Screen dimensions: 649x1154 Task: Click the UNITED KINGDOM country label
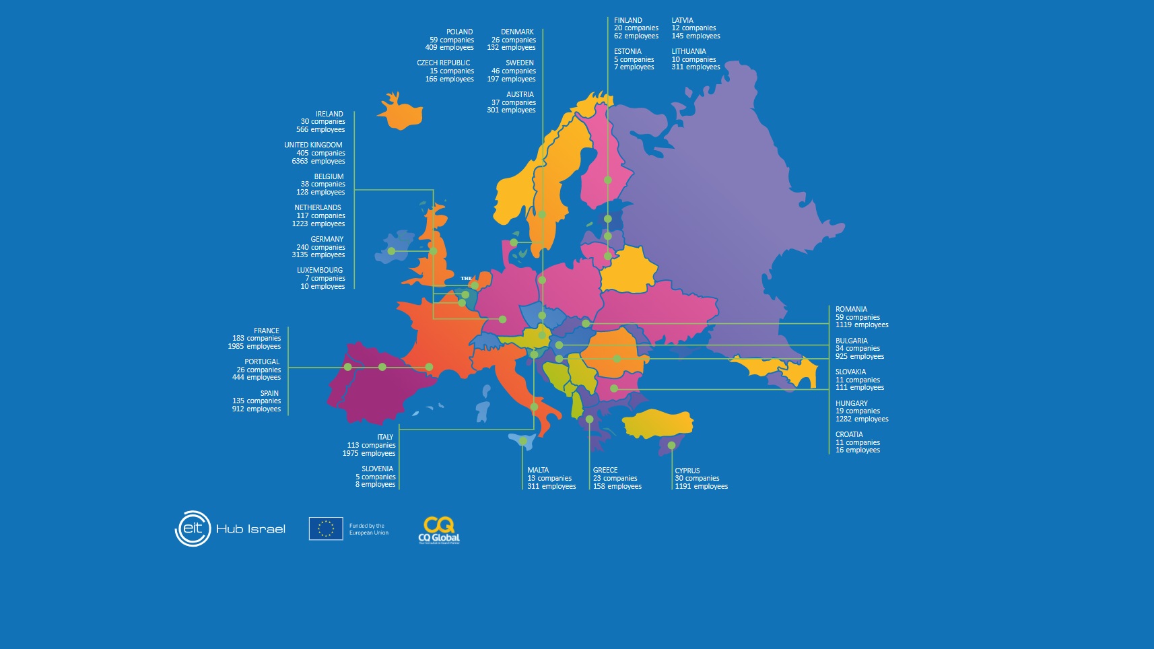[313, 145]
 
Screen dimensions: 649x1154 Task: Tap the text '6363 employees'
[318, 161]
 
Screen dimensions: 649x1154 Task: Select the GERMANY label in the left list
[327, 239]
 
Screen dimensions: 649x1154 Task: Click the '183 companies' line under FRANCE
[257, 339]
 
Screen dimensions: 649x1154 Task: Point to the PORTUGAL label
[262, 362]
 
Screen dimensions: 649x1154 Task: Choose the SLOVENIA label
[377, 469]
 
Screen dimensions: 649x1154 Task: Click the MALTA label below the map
[538, 471]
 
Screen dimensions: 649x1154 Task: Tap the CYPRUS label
[687, 471]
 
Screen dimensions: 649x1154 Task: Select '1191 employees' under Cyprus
[702, 487]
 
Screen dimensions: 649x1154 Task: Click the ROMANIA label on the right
[851, 310]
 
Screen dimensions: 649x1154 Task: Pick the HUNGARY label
[852, 404]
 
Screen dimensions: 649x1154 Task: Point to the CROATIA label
[849, 435]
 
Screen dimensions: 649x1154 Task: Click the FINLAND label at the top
[628, 21]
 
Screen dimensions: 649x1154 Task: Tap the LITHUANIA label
[689, 52]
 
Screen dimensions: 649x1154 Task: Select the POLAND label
[459, 32]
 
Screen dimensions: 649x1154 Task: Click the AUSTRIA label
[520, 95]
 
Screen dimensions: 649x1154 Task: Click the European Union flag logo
[326, 528]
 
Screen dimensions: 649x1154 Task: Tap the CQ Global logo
[439, 530]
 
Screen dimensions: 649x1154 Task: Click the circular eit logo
[193, 528]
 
